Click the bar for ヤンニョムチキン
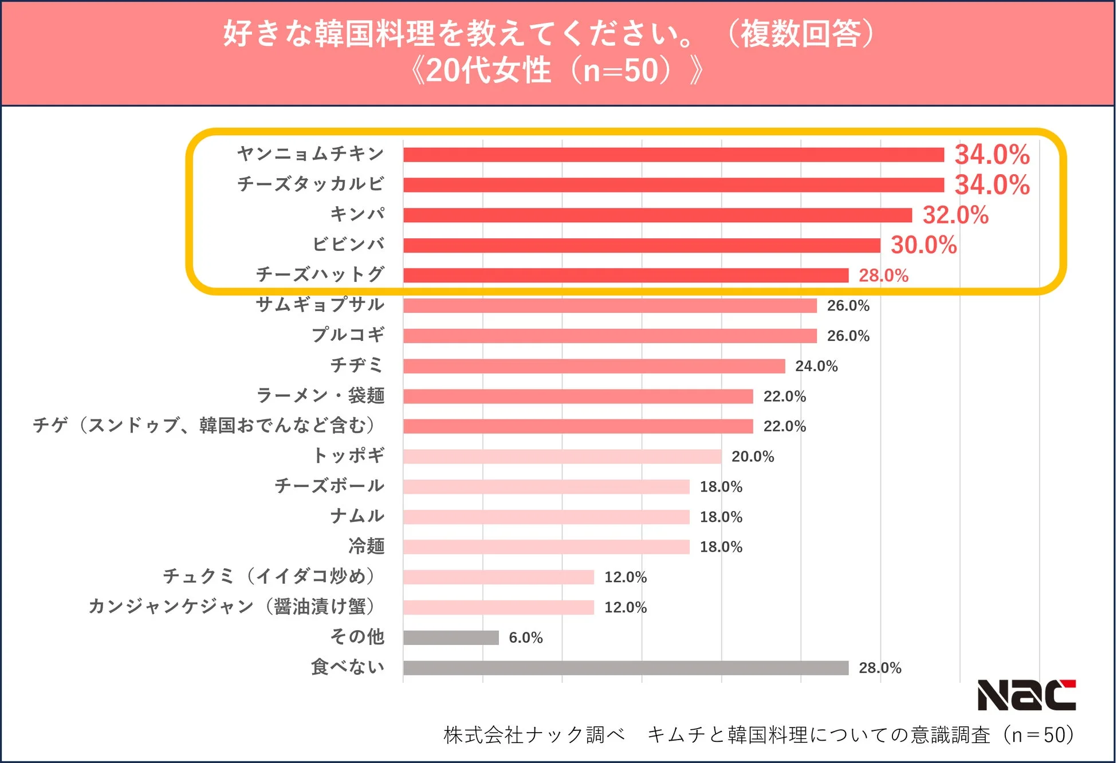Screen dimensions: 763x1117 click(673, 155)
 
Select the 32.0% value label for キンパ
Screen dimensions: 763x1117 click(955, 215)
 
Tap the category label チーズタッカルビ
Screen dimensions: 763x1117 click(310, 184)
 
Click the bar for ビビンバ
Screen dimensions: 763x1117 click(642, 245)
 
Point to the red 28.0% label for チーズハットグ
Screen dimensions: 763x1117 click(883, 276)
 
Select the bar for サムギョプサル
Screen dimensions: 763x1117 click(609, 306)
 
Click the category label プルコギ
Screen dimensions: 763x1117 click(348, 335)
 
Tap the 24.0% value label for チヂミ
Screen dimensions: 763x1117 click(816, 366)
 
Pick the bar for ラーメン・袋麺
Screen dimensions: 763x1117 click(577, 396)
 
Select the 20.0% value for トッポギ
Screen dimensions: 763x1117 click(752, 457)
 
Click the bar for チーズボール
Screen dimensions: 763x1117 click(546, 487)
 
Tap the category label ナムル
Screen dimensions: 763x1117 click(357, 516)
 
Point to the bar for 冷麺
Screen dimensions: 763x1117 click(546, 547)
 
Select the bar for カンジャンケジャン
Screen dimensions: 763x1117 click(498, 607)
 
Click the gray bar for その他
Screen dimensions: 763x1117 click(451, 638)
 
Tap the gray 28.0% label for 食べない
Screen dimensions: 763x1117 click(879, 668)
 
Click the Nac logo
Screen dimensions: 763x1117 click(1026, 695)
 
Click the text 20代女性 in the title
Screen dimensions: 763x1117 click(488, 71)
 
